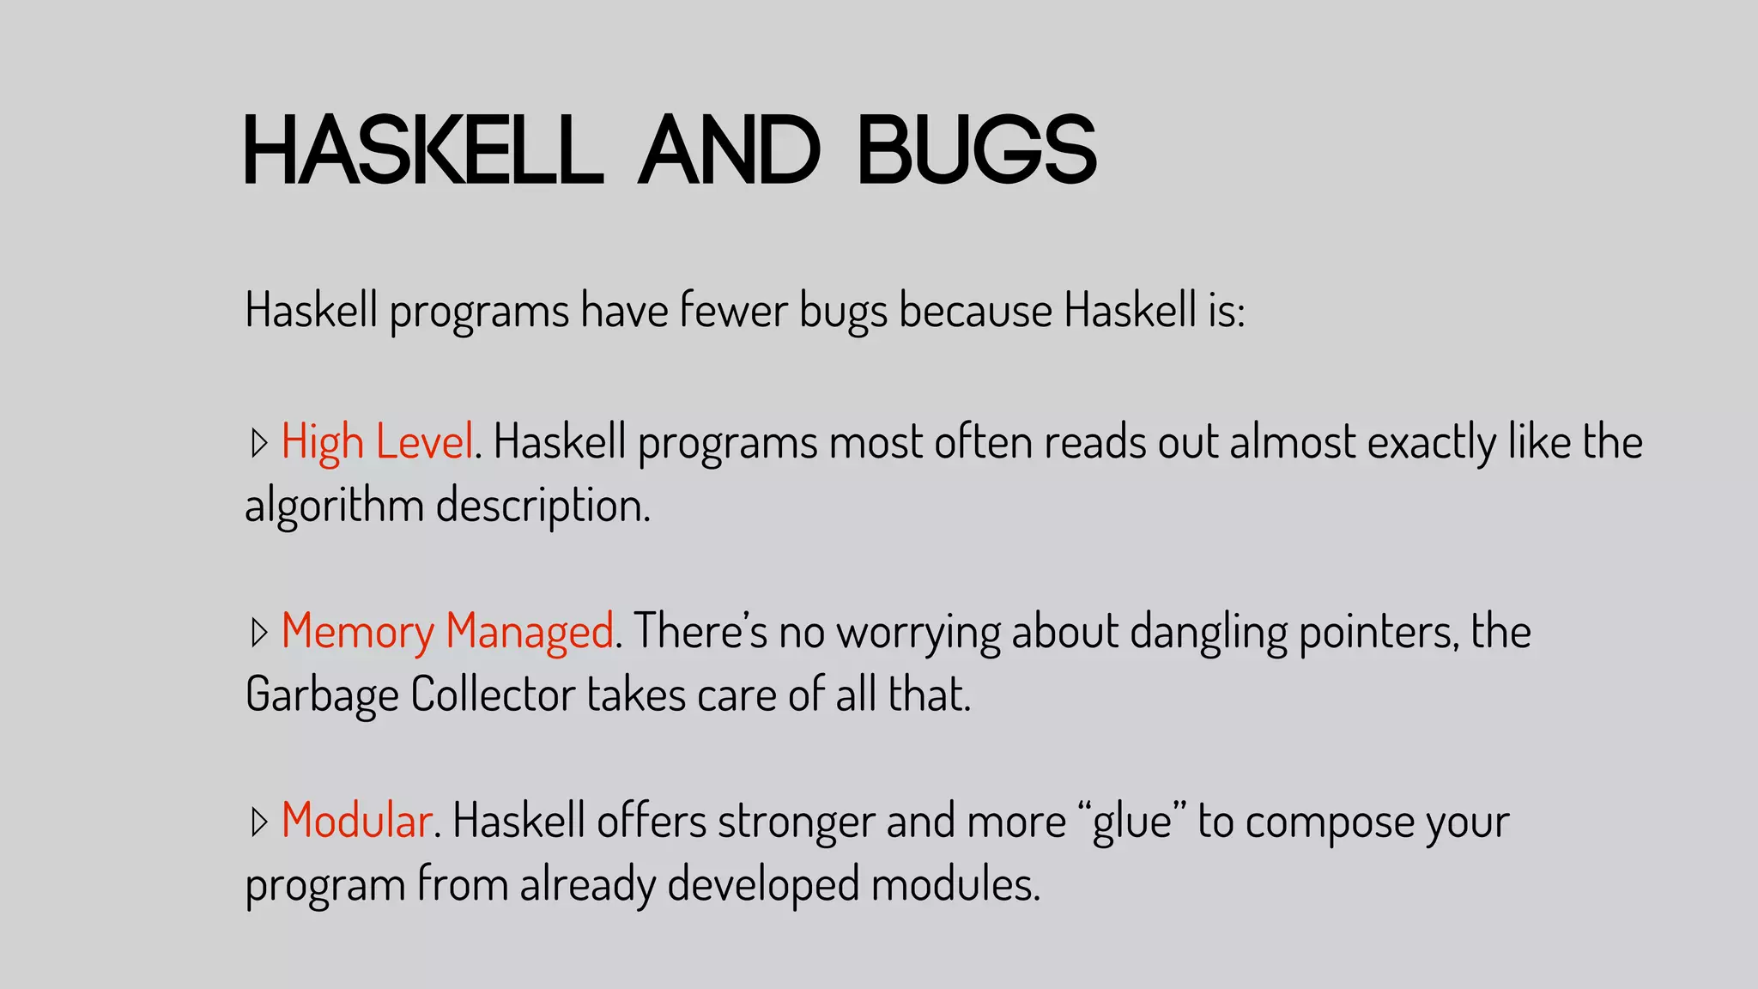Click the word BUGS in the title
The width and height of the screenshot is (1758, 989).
tap(977, 150)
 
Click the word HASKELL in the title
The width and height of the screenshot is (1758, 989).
tap(423, 150)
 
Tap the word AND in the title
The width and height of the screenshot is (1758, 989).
tap(730, 150)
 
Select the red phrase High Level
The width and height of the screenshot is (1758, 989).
tap(377, 443)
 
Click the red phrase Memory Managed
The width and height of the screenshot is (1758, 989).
tap(447, 632)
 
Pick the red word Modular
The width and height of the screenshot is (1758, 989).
tap(356, 821)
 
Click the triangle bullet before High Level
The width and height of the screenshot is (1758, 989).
tap(258, 444)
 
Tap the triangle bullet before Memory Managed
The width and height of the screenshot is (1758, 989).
tap(258, 633)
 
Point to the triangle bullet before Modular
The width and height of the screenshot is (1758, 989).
tap(258, 822)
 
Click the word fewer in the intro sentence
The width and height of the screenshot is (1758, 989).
tap(733, 310)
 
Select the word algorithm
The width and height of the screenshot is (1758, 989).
tap(334, 506)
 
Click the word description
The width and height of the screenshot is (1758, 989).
tap(543, 506)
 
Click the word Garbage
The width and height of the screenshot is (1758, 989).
tap(322, 695)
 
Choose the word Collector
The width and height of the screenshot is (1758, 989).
tap(493, 694)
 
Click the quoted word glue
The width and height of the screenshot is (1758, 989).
tap(1132, 822)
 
